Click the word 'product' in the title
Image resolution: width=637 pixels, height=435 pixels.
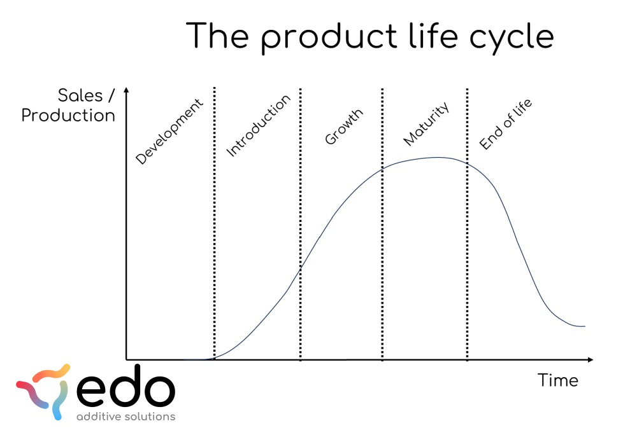point(329,37)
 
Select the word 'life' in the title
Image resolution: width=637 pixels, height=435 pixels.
point(433,35)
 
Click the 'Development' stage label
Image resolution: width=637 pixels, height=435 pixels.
point(169,132)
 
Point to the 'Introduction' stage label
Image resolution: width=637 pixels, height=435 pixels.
point(259,125)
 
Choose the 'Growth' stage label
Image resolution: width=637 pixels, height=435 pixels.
point(344,127)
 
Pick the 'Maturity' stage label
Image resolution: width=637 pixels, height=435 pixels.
point(426,123)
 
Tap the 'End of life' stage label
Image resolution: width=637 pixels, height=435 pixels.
point(505,124)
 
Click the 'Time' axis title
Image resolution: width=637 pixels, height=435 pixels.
point(558,380)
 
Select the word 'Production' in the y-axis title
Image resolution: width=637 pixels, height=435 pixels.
point(68,116)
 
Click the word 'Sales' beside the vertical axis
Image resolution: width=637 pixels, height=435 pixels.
point(80,95)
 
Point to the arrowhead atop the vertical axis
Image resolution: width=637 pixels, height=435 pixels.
point(126,90)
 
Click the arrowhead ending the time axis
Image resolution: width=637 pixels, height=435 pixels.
point(590,359)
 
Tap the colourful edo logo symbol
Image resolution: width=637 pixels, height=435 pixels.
point(43,391)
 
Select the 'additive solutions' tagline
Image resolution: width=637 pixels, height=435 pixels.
point(126,417)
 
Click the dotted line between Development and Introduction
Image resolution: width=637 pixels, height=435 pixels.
point(215,223)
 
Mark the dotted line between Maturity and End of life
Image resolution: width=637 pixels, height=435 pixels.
point(467,224)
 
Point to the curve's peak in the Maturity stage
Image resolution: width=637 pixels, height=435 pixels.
point(438,157)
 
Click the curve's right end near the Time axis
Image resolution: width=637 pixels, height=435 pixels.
point(584,326)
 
